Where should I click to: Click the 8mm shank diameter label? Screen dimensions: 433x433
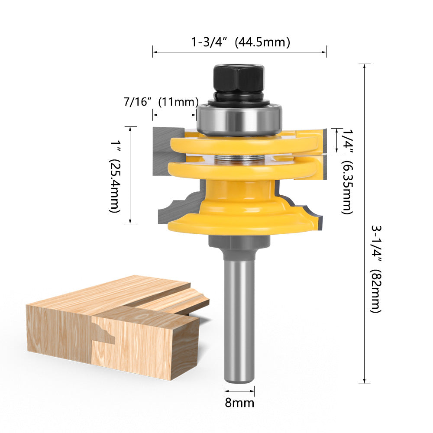pos(239,403)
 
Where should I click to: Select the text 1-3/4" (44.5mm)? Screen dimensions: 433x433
pos(240,42)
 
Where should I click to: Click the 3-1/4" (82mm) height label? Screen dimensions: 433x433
pos(375,268)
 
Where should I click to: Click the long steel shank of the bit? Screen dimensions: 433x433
pos(239,316)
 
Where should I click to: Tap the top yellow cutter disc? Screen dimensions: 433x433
pos(242,145)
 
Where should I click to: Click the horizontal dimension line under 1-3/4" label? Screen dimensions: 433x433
pos(239,52)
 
